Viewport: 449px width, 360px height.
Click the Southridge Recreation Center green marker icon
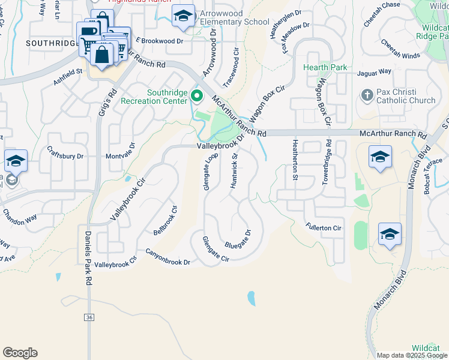click(196, 96)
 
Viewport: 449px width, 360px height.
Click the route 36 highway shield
click(89, 317)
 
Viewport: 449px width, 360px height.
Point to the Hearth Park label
click(325, 68)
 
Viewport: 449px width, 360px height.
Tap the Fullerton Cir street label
click(323, 228)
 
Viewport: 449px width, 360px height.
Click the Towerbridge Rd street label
click(328, 163)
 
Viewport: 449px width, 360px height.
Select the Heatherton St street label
click(295, 160)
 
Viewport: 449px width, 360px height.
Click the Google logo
click(20, 353)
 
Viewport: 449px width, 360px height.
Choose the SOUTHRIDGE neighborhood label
click(53, 43)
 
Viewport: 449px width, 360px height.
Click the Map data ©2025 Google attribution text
click(411, 355)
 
